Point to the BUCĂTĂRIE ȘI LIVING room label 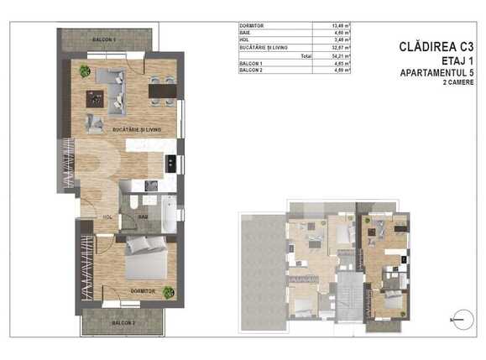click(137, 129)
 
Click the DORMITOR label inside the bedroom click(143, 291)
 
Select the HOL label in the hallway click(108, 217)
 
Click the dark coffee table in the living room click(99, 100)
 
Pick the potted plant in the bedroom click(169, 292)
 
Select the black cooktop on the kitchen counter click(170, 163)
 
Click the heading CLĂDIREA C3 click(437, 47)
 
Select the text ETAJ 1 click(457, 62)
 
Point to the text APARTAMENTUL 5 click(442, 76)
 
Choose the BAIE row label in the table click(246, 33)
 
